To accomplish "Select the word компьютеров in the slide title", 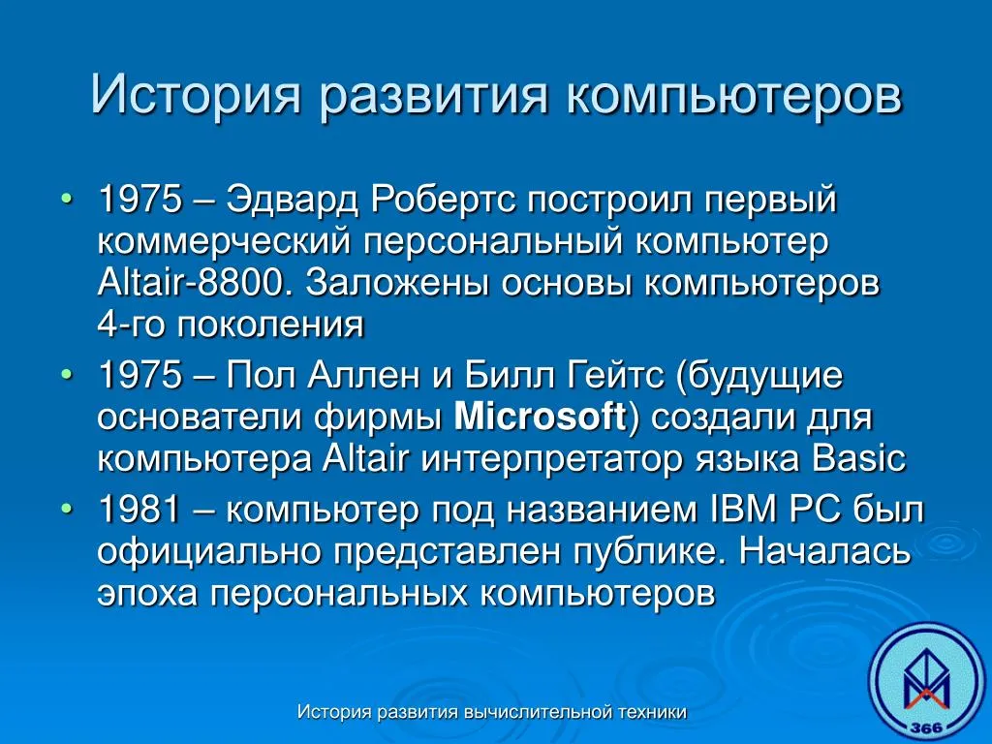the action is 734,95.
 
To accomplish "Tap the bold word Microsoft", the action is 540,417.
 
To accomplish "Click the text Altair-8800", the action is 197,283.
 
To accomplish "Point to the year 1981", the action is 139,510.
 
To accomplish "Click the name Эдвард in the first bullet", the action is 294,201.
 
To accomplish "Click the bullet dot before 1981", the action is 67,509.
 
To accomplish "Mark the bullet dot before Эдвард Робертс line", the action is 67,200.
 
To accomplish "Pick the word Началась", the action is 824,551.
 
